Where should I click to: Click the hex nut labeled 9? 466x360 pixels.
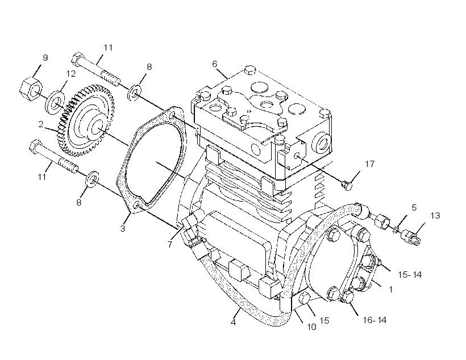(x=31, y=89)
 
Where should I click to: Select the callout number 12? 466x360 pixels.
(x=70, y=73)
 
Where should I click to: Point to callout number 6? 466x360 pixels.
(x=215, y=64)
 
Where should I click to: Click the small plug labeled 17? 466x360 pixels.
(x=347, y=185)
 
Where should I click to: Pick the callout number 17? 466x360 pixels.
(x=370, y=164)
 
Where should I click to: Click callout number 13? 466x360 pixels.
(x=435, y=215)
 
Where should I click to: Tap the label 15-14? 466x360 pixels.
(x=410, y=275)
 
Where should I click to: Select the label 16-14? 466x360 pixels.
(x=375, y=320)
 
